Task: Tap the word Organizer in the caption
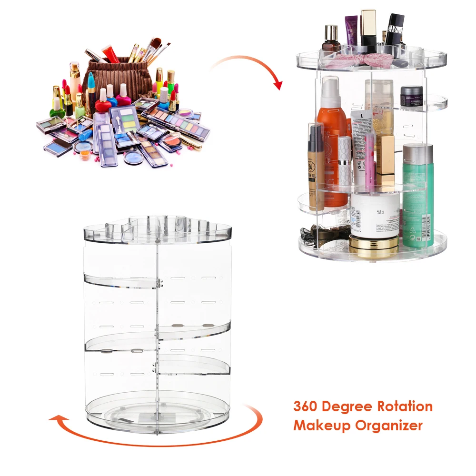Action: tap(388, 425)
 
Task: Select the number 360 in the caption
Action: tap(306, 407)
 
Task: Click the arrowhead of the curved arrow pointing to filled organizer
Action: tap(278, 84)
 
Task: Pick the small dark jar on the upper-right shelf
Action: tap(411, 97)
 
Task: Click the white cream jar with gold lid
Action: tap(374, 219)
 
